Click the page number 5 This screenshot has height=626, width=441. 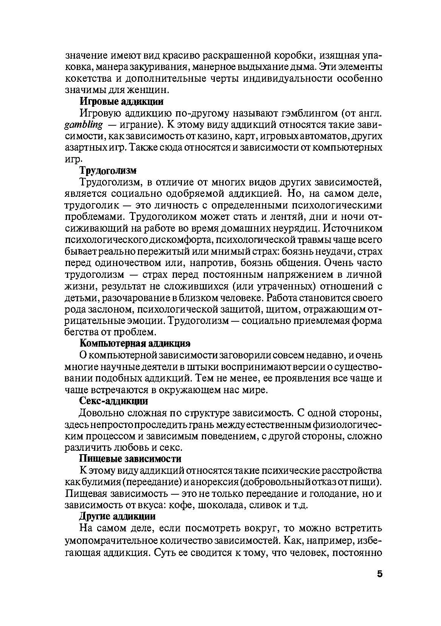click(x=379, y=574)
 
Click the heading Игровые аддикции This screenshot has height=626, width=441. click(x=121, y=101)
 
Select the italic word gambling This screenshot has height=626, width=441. click(x=84, y=125)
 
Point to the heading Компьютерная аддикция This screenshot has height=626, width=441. click(x=135, y=343)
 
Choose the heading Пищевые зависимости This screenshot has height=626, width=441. click(x=130, y=459)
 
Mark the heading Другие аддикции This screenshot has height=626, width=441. click(x=118, y=516)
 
